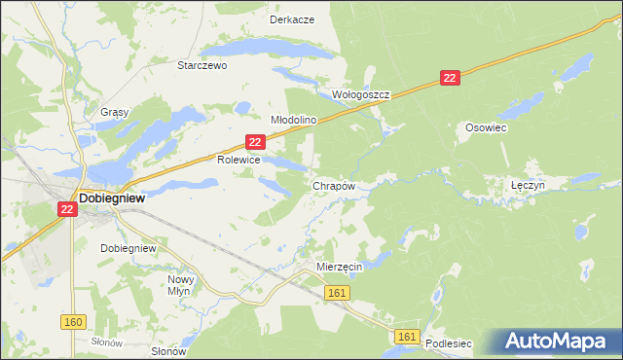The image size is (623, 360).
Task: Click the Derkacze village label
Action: pos(291,19)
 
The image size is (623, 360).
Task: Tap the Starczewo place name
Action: pos(202,66)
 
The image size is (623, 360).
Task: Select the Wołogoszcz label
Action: pos(361,95)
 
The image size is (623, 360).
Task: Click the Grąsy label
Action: pos(114,112)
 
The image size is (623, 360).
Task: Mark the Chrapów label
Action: pos(332,185)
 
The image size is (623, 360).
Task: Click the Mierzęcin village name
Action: pos(340,266)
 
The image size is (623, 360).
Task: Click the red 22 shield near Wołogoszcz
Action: pos(449,77)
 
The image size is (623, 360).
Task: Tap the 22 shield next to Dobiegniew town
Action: pos(66,208)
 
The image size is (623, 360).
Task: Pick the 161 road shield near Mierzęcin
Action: pos(338,293)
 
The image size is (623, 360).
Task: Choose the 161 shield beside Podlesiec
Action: pos(408,336)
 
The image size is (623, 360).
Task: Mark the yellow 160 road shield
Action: pos(72,322)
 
